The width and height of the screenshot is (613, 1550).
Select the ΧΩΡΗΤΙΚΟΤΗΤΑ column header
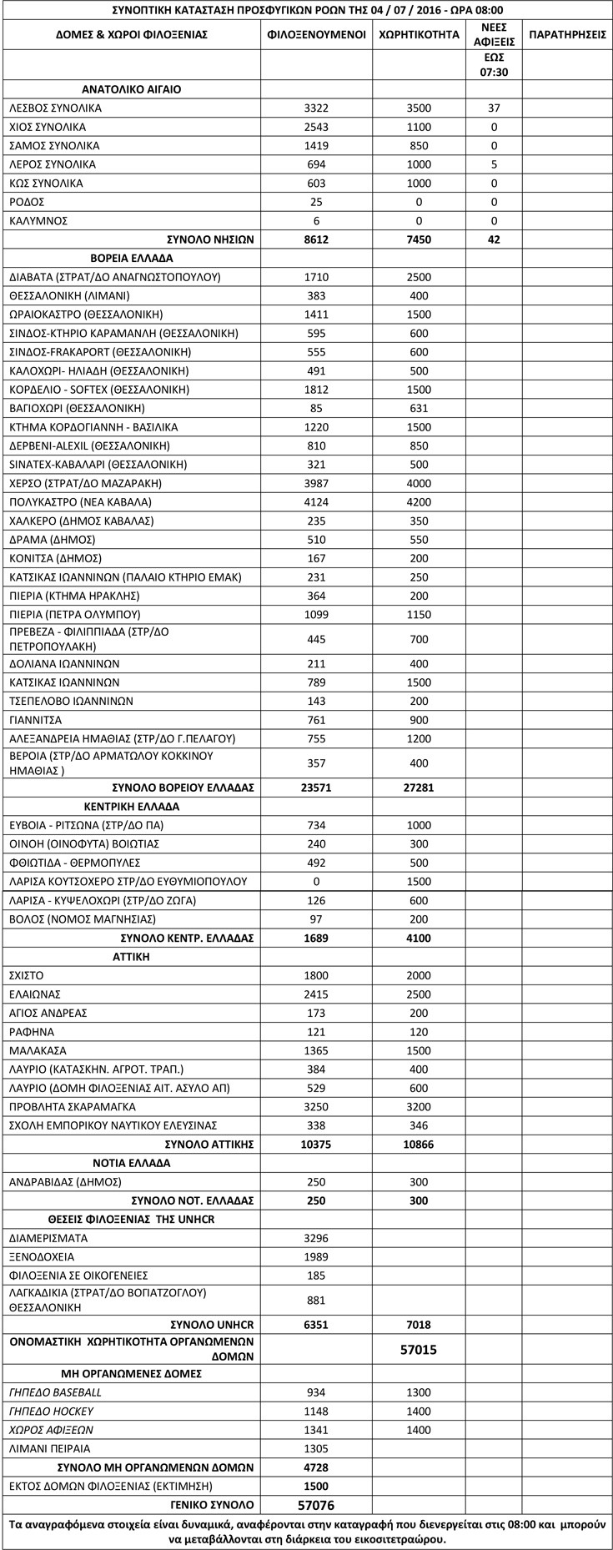tap(419, 35)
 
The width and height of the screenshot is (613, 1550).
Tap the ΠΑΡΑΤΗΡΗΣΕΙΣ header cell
tap(567, 35)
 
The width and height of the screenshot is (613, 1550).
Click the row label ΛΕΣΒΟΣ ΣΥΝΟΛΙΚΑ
tap(55, 108)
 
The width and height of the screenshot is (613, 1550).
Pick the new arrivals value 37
tap(494, 108)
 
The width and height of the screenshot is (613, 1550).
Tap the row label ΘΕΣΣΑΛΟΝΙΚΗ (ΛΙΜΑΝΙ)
tap(69, 295)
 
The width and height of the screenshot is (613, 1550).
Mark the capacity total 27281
tap(419, 788)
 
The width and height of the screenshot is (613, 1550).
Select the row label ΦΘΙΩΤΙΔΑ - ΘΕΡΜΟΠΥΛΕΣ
tap(74, 863)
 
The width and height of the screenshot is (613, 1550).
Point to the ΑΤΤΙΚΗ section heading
tap(131, 957)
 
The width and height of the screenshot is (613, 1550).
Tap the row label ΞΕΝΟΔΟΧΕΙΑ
tap(42, 1256)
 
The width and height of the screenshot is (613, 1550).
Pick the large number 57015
tap(419, 1349)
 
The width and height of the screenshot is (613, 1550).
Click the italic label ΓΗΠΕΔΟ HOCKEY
tap(51, 1411)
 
